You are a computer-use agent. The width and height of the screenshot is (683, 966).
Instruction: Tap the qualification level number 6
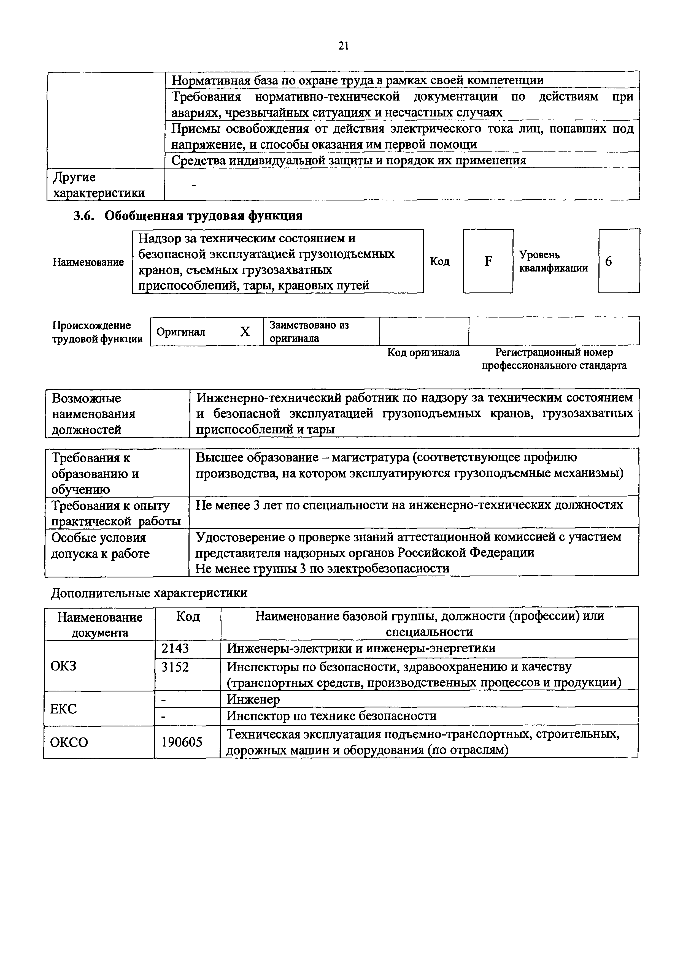pos(609,261)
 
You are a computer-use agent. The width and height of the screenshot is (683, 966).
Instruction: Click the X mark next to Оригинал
pos(245,332)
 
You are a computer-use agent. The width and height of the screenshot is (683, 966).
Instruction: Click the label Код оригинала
pos(423,352)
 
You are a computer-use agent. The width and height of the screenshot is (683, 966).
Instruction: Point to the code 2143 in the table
pos(175,648)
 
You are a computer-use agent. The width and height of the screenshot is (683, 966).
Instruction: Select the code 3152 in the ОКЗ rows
pos(175,667)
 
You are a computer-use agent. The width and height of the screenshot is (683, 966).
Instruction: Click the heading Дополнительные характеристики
pos(149,593)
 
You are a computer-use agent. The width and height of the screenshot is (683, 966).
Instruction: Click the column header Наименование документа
pos(100,625)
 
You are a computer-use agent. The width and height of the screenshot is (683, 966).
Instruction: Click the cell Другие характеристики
pos(99,185)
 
